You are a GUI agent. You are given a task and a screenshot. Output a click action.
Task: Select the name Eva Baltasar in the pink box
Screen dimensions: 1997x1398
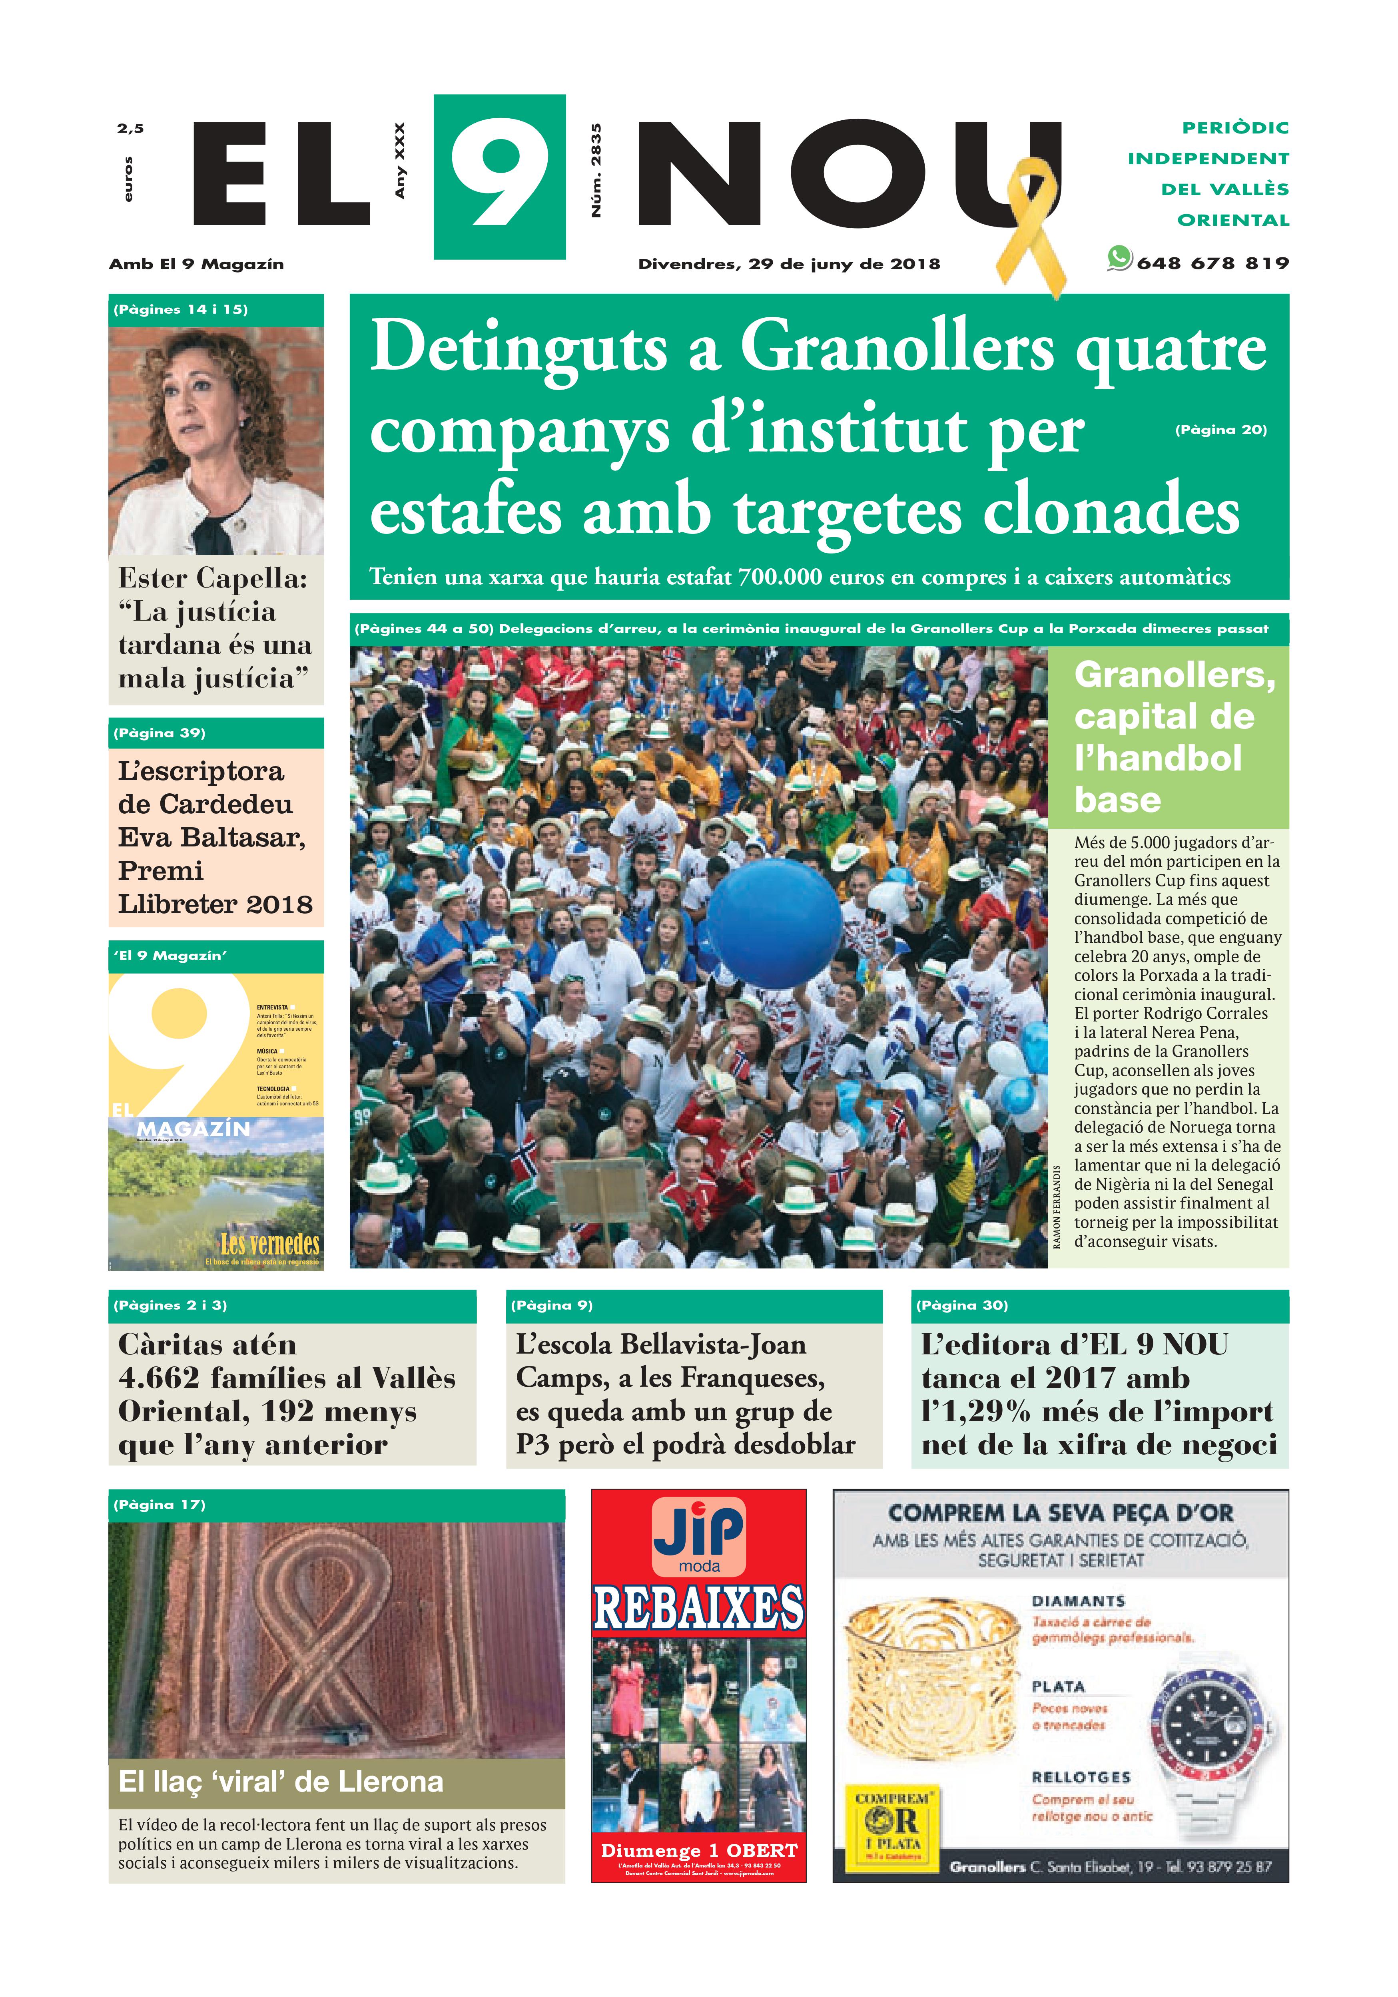[211, 838]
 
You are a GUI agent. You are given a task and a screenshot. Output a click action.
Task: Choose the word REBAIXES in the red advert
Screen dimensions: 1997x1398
[698, 1607]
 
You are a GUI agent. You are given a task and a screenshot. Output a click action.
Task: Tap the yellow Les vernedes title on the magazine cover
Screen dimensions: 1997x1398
[270, 1244]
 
